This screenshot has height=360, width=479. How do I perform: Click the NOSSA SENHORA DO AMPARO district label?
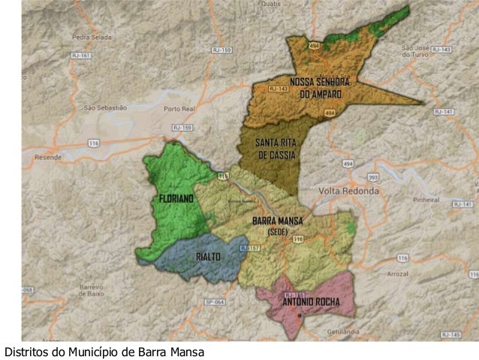point(320,87)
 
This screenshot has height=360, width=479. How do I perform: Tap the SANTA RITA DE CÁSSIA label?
point(276,148)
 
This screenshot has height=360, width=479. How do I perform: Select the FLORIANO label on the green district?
point(176,198)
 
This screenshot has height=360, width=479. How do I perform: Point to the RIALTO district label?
point(208,257)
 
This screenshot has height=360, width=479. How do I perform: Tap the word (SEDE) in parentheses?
point(277,231)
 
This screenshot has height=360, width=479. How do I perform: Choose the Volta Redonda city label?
point(348,191)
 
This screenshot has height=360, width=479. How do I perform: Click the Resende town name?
point(48,158)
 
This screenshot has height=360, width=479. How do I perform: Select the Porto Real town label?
point(179,109)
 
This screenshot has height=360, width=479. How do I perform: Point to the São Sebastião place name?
point(105,107)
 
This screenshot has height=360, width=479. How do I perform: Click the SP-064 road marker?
point(214,302)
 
